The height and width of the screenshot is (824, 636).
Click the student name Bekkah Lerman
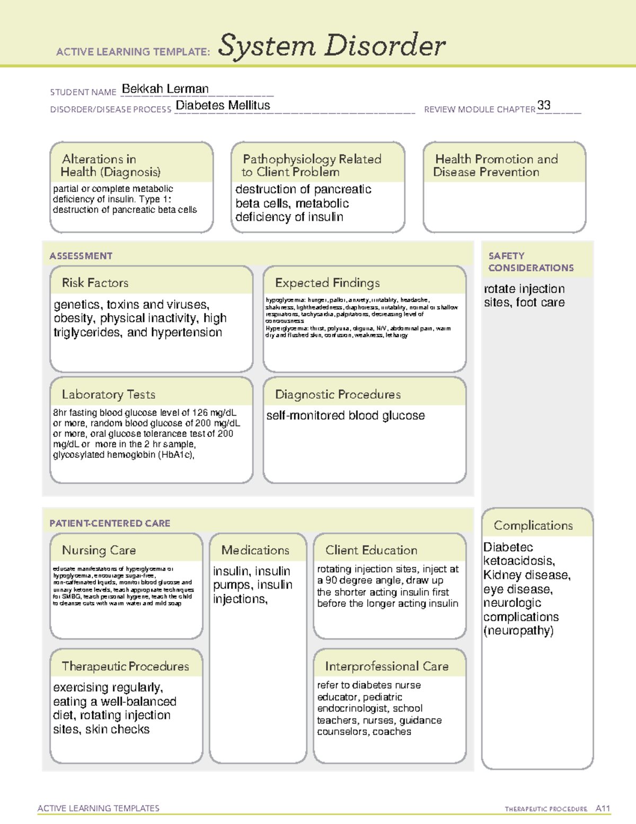point(165,89)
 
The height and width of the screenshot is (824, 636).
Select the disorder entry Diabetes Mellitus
point(223,106)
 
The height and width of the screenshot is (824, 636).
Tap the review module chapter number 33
point(544,105)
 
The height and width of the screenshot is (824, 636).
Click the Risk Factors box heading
point(95,283)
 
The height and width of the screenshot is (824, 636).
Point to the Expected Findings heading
point(328,283)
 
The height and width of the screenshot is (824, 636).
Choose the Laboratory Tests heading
point(109,394)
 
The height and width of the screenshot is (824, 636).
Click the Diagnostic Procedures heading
point(338,394)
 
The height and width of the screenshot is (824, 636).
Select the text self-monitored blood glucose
point(346,415)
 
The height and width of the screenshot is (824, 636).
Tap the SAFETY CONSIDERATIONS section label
point(531,262)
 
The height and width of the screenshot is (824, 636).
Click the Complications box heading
point(533,525)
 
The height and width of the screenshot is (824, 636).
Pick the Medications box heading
point(255,550)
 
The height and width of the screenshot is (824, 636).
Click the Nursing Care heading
point(99,550)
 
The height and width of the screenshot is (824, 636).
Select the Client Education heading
point(371,550)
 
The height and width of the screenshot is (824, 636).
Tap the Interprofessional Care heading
point(387,666)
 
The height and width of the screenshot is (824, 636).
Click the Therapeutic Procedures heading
point(126,666)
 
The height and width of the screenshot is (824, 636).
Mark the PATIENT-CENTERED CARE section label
point(110,523)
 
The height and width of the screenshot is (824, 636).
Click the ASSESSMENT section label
point(81,256)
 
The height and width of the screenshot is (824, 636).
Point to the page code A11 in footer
point(603,809)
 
